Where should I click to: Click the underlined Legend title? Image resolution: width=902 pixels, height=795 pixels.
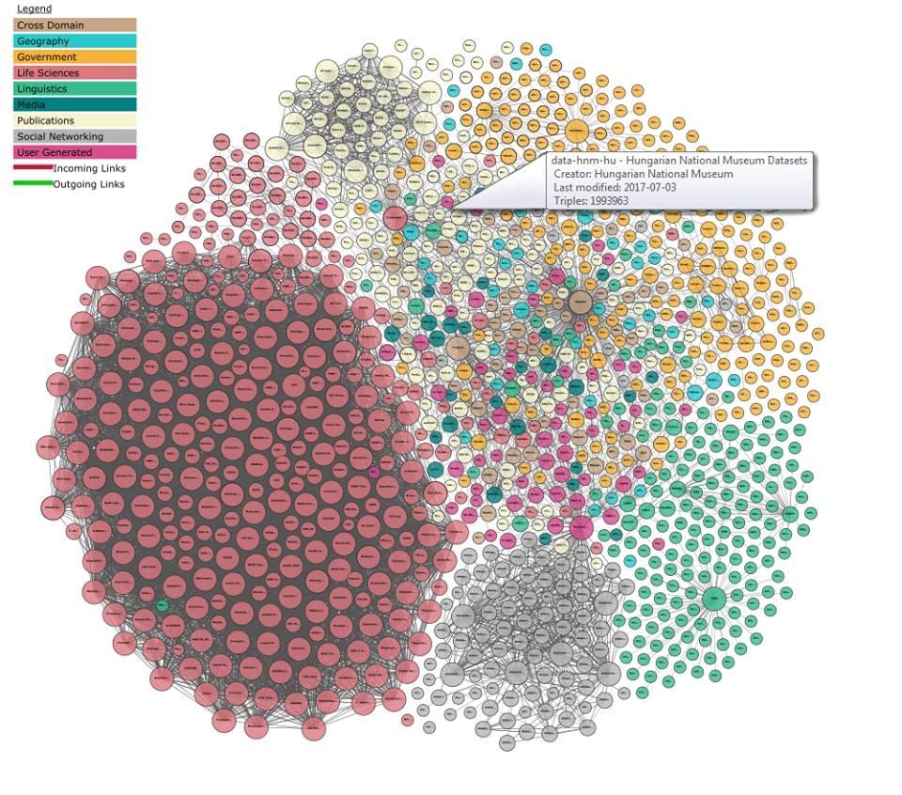tap(34, 8)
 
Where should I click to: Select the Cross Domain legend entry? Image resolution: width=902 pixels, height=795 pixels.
tap(74, 25)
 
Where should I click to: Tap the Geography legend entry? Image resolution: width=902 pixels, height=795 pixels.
tap(74, 41)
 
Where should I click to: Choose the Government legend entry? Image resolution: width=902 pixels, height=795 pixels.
tap(74, 57)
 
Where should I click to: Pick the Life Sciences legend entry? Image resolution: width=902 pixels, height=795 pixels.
tap(74, 73)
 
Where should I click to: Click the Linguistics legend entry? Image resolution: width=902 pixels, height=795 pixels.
tap(74, 89)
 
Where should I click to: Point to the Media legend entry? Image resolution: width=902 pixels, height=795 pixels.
tap(74, 104)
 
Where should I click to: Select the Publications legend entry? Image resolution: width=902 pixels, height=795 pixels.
tap(74, 120)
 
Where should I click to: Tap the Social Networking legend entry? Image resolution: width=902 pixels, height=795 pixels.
tap(74, 136)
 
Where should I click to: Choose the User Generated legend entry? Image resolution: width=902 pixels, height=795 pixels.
tap(74, 152)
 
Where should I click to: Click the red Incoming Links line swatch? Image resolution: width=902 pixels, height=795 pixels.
tap(33, 168)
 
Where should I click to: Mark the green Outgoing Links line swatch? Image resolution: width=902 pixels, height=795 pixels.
tap(33, 183)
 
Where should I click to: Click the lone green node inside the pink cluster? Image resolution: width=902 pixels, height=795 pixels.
tap(163, 606)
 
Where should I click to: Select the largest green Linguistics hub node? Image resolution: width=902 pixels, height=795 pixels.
tap(714, 598)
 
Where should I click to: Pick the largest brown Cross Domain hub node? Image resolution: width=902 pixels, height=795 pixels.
tap(580, 303)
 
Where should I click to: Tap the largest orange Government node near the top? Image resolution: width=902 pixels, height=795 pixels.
tap(577, 132)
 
